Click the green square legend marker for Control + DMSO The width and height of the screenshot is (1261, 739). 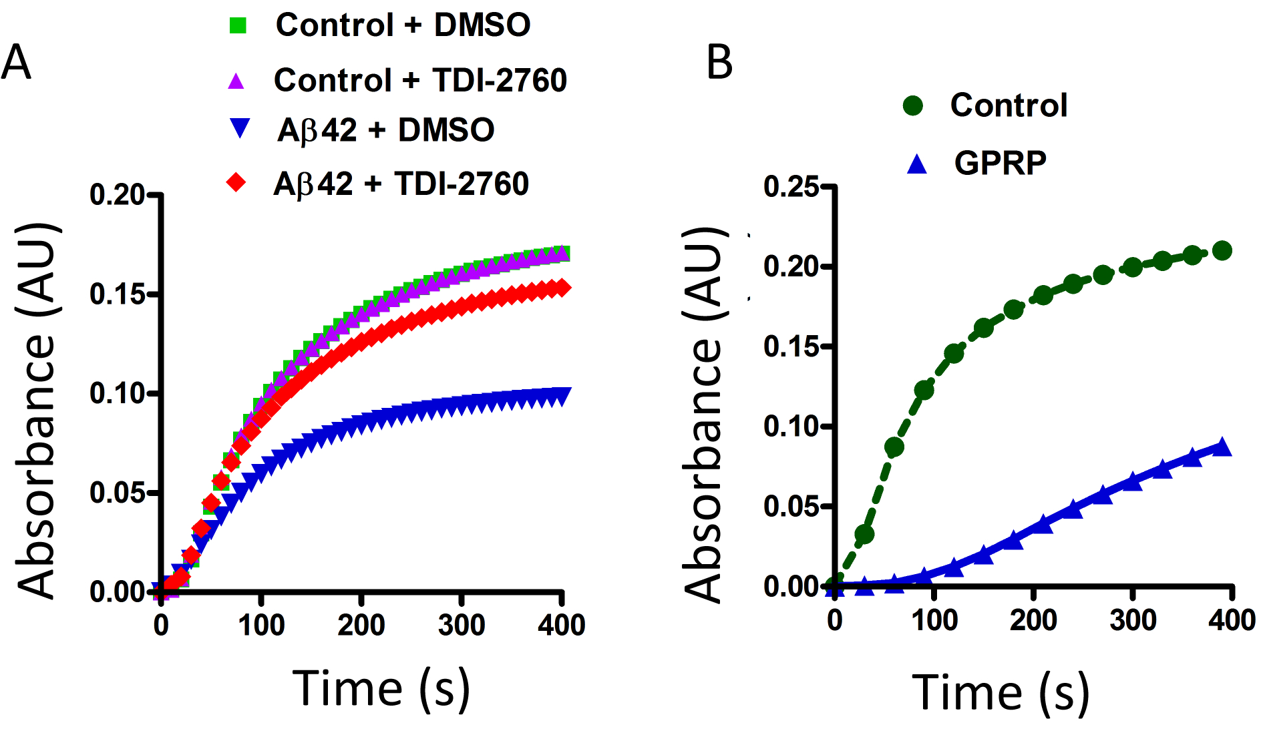(x=238, y=25)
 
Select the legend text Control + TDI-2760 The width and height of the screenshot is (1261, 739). (x=420, y=80)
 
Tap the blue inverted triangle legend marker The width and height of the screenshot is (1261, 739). (x=238, y=128)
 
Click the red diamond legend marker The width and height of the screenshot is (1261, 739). (x=236, y=182)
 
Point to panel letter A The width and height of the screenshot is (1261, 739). (x=16, y=62)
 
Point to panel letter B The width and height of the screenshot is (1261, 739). (x=719, y=62)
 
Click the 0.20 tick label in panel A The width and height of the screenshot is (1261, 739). (x=117, y=195)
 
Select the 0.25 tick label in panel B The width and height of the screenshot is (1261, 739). (x=791, y=186)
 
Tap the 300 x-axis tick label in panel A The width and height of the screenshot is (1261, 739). (x=462, y=626)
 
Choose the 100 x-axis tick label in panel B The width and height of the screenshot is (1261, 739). (x=934, y=620)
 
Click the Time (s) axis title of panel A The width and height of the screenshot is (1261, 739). (x=381, y=688)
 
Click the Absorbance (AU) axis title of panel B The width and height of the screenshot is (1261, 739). (x=704, y=414)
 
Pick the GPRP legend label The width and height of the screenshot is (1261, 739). (x=1000, y=163)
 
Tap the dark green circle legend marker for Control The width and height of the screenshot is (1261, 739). (x=913, y=105)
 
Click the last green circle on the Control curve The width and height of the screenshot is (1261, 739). (x=1222, y=251)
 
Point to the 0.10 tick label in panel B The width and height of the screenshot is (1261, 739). (x=791, y=426)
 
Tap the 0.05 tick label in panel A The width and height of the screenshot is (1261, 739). (x=117, y=493)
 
